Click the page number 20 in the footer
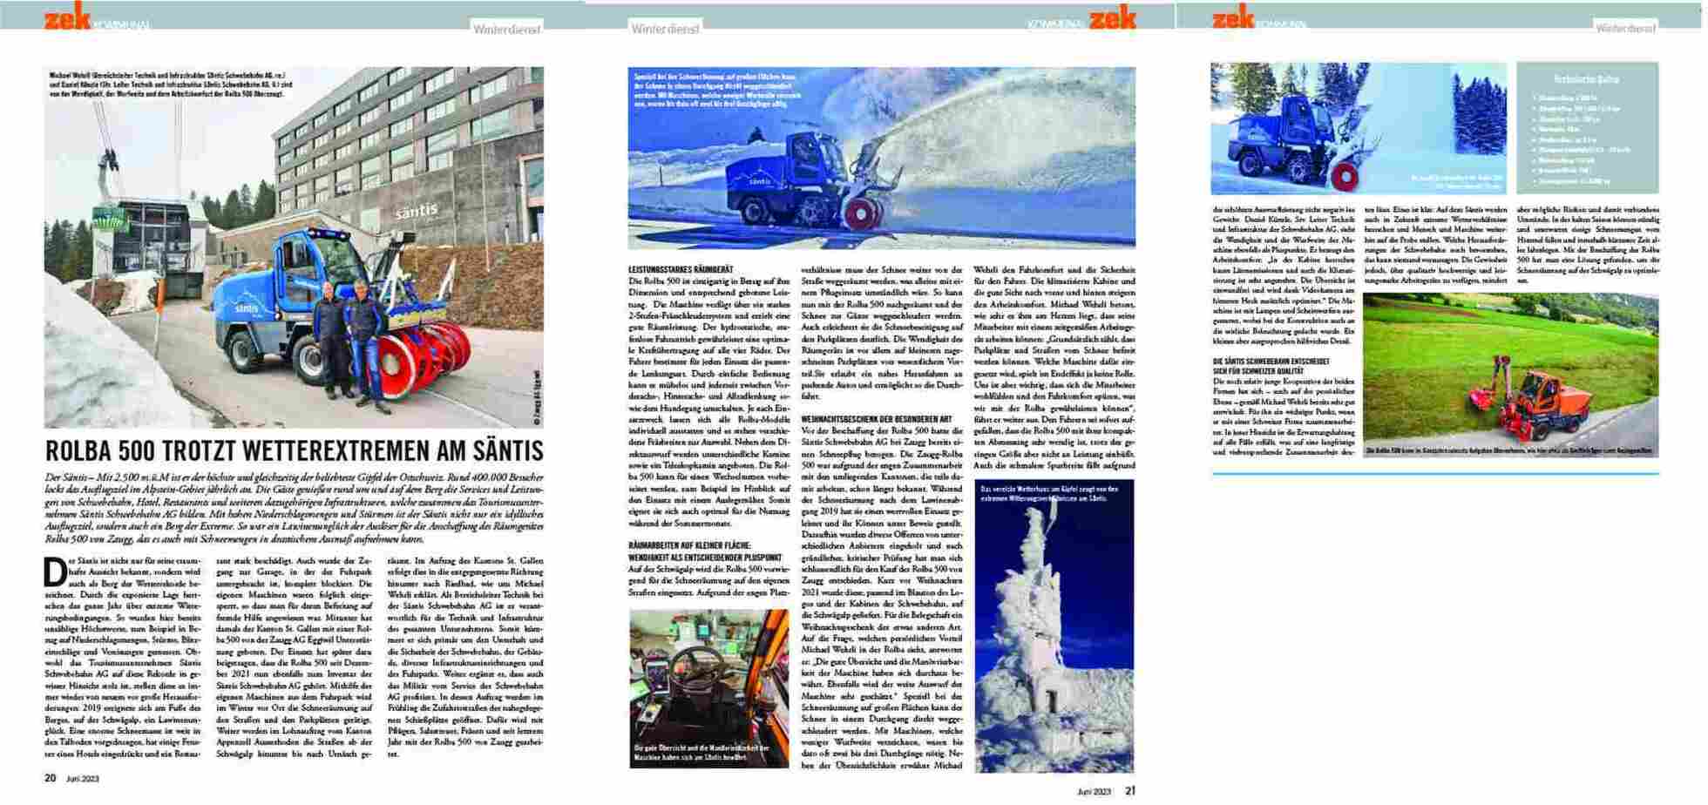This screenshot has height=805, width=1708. (x=51, y=778)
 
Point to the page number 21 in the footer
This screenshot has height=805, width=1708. (x=1130, y=791)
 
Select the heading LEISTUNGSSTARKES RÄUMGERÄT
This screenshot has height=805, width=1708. (x=681, y=270)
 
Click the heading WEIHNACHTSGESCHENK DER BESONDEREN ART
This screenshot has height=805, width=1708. (x=871, y=420)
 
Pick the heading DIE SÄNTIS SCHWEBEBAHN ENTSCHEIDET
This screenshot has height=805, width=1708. (x=1271, y=361)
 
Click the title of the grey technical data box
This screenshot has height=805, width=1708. (x=1587, y=79)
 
